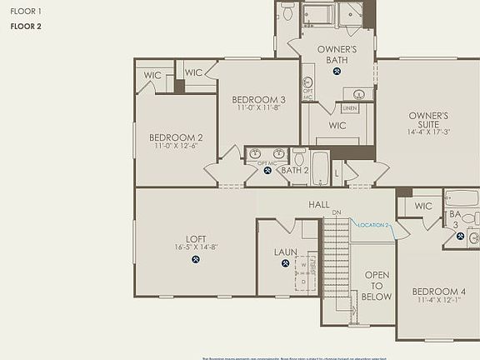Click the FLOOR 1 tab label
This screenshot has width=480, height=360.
coord(26,12)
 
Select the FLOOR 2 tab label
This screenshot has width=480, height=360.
coord(26,27)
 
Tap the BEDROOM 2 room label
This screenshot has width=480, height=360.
coord(176,137)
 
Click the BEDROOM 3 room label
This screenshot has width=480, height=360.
coord(258,100)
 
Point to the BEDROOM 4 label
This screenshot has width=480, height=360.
coord(439,292)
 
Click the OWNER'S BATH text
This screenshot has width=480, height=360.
coord(337,54)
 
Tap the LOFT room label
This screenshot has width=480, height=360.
coord(196,237)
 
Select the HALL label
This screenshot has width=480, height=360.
coord(318,204)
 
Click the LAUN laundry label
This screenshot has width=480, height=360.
coord(286,252)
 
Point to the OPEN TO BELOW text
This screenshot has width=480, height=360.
coord(377,285)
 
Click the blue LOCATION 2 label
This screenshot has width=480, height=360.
coord(373,225)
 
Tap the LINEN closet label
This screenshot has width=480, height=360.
coord(350,108)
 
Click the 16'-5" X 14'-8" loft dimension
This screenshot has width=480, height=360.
coord(196,247)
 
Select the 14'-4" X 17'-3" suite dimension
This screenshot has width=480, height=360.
coord(428,132)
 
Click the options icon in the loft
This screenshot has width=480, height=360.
coord(196,259)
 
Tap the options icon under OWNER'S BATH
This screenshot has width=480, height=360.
coord(337,71)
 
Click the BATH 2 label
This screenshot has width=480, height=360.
coord(294,170)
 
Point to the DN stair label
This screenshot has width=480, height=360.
coord(337,213)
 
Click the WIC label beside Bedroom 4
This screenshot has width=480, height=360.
coord(423,206)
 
